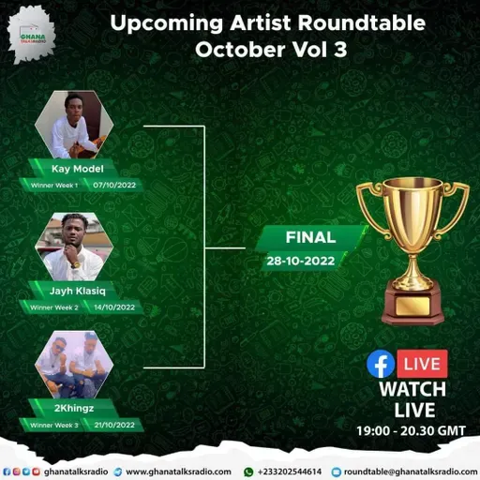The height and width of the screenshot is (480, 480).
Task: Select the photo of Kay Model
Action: [x=74, y=126]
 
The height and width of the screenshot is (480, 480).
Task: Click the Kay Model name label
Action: [x=77, y=169]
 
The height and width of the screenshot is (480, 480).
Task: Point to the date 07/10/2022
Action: [x=114, y=185]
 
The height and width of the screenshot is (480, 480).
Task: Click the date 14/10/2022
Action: [x=114, y=307]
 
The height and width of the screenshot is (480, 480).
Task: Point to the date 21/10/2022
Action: [x=114, y=426]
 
